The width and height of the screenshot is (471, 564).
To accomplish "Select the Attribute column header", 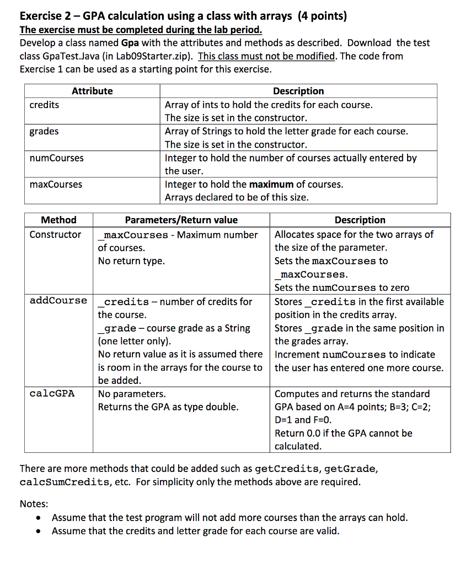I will pyautogui.click(x=92, y=91).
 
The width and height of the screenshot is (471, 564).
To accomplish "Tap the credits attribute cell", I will pyautogui.click(x=44, y=105).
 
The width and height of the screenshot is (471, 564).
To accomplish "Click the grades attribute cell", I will pyautogui.click(x=44, y=131).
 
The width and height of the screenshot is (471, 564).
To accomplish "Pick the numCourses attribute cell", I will pyautogui.click(x=56, y=158).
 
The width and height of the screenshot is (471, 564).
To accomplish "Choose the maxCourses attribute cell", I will pyautogui.click(x=56, y=185).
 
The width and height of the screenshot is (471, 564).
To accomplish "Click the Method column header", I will pyautogui.click(x=59, y=220).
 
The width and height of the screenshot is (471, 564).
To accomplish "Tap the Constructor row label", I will pyautogui.click(x=55, y=235).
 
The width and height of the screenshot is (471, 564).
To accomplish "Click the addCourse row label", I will pyautogui.click(x=58, y=301).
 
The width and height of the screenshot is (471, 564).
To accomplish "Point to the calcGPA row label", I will pyautogui.click(x=52, y=394).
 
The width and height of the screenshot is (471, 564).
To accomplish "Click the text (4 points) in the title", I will pyautogui.click(x=322, y=16).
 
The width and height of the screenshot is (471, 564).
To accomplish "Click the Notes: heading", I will pyautogui.click(x=34, y=504).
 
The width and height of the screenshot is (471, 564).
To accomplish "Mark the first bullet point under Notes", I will pyautogui.click(x=38, y=518).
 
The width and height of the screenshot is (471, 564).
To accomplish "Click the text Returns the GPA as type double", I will pyautogui.click(x=168, y=407).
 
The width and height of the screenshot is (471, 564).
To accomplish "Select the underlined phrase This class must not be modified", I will pyautogui.click(x=266, y=56).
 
